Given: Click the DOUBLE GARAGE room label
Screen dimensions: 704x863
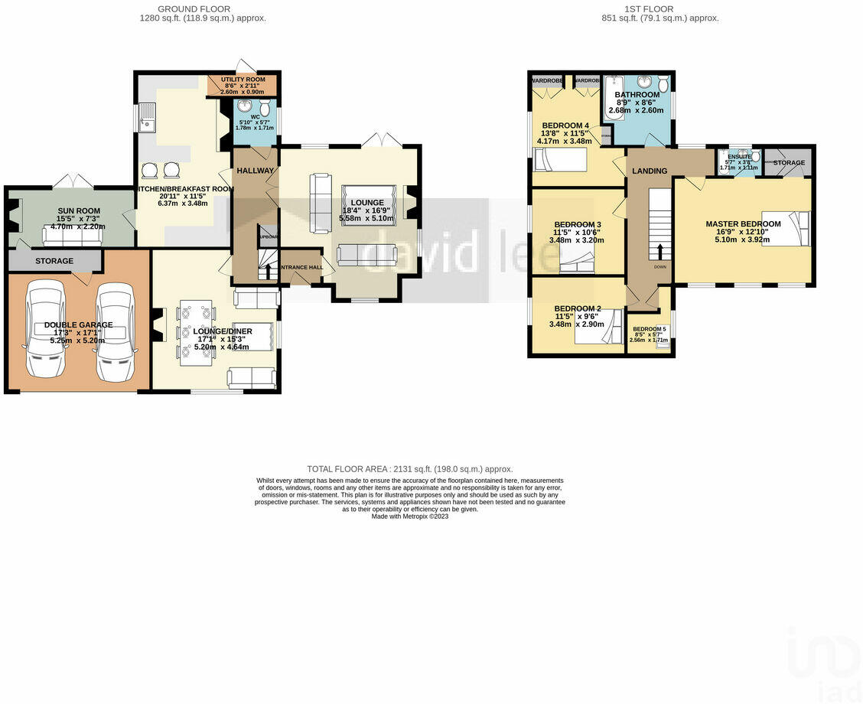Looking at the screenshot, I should click(x=78, y=325).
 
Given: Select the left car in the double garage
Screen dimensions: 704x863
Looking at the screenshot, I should click(x=44, y=330).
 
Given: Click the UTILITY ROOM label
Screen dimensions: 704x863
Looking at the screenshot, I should click(x=243, y=80).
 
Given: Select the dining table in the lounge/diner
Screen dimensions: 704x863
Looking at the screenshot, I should click(x=195, y=331).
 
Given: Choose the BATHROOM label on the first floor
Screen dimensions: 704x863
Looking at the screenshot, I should click(x=637, y=95).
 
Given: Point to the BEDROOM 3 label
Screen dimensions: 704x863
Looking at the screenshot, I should click(x=577, y=225).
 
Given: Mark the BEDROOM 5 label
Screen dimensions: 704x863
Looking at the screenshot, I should click(x=649, y=329).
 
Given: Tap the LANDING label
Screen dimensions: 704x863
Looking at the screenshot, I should click(x=649, y=171).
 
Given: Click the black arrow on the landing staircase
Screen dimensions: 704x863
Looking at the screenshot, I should click(x=659, y=251).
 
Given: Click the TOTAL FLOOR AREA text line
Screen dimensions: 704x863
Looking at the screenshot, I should click(x=409, y=469).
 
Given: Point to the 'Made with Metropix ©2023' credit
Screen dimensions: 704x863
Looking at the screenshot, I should click(x=409, y=517).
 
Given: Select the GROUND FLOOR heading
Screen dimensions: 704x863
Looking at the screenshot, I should click(x=200, y=9).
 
